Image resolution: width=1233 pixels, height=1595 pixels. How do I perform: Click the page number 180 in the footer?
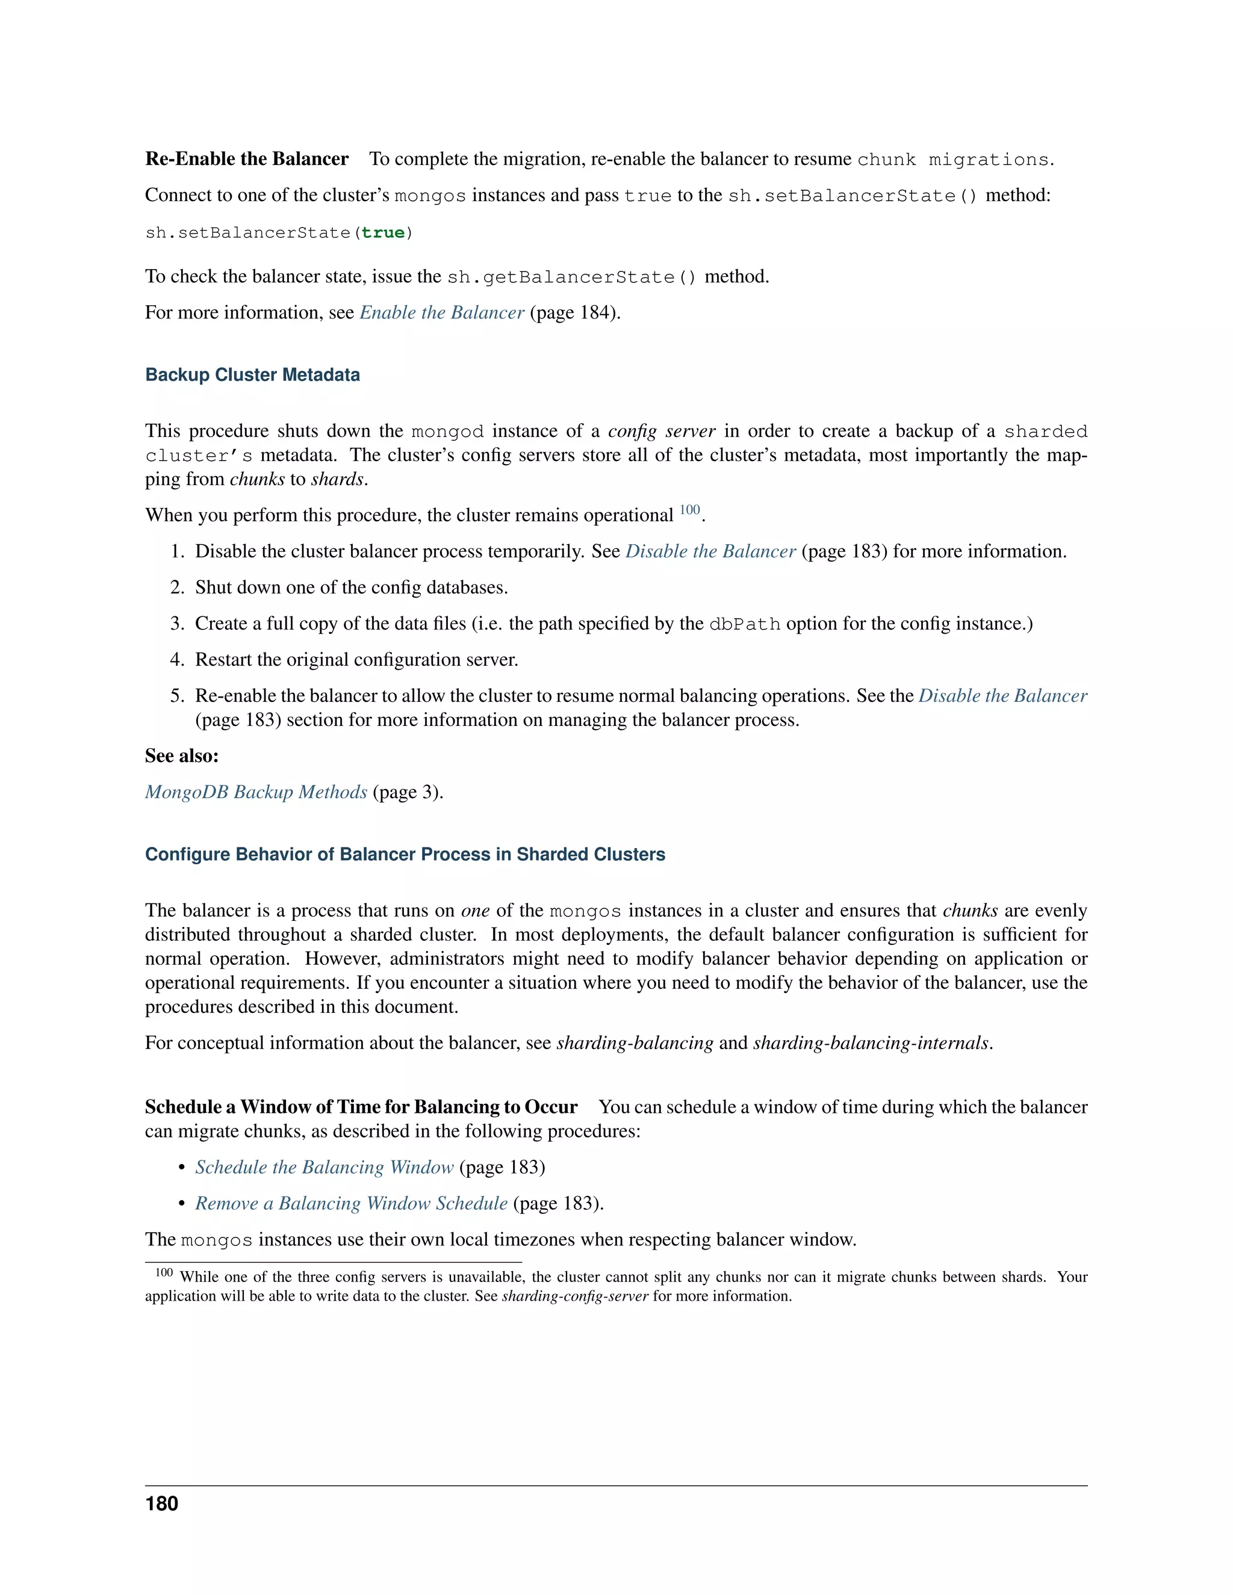click(x=161, y=1504)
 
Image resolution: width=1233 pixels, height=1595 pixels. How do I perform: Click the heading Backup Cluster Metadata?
click(x=252, y=374)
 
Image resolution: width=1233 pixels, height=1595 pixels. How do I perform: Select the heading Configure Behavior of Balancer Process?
click(x=405, y=855)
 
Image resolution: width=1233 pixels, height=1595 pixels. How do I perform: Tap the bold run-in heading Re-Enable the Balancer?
click(x=247, y=159)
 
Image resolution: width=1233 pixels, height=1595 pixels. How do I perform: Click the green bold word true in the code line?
click(x=383, y=233)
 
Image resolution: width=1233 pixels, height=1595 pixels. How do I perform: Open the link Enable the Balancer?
click(x=442, y=312)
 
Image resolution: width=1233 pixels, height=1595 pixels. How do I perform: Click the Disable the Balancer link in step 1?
click(x=710, y=551)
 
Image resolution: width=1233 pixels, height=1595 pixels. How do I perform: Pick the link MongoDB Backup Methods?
click(x=256, y=793)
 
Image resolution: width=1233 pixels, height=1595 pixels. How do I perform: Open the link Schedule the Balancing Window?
click(x=325, y=1167)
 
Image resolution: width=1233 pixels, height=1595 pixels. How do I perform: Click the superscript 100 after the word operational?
click(x=689, y=510)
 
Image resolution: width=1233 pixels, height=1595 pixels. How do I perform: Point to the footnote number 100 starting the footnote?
click(x=164, y=1273)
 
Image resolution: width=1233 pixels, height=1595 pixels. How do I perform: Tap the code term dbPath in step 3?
click(x=744, y=624)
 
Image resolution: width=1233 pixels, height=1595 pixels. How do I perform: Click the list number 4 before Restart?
click(x=177, y=660)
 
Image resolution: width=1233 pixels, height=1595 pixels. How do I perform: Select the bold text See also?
click(x=182, y=756)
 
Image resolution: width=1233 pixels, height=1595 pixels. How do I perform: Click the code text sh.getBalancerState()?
click(x=572, y=277)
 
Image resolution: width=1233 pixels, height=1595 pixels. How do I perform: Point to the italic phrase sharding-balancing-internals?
click(x=871, y=1043)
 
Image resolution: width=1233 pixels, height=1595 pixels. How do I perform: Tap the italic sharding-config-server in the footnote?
click(x=575, y=1296)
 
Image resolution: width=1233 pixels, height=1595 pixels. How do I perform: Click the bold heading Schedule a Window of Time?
click(x=361, y=1107)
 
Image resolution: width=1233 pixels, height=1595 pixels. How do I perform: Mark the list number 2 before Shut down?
click(x=177, y=588)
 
